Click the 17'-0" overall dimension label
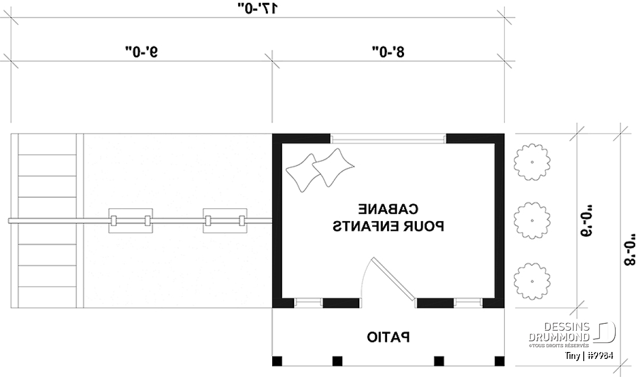pyautogui.click(x=258, y=8)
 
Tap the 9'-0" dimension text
pyautogui.click(x=141, y=52)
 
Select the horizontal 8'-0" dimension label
pyautogui.click(x=388, y=52)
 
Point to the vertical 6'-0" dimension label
pyautogui.click(x=586, y=221)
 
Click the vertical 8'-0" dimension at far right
pyautogui.click(x=629, y=250)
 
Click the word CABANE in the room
pyautogui.click(x=388, y=210)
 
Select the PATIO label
pyautogui.click(x=388, y=338)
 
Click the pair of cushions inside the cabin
pyautogui.click(x=320, y=170)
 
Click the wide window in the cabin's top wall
pyautogui.click(x=388, y=139)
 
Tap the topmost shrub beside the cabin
pyautogui.click(x=532, y=162)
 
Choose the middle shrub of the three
pyautogui.click(x=532, y=221)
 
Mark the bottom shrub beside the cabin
pyautogui.click(x=532, y=281)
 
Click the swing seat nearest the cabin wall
pyautogui.click(x=225, y=221)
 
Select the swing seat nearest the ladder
pyautogui.click(x=131, y=221)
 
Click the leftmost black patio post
pyautogui.click(x=277, y=361)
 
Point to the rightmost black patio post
pyautogui.click(x=500, y=361)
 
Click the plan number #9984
pyautogui.click(x=600, y=356)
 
